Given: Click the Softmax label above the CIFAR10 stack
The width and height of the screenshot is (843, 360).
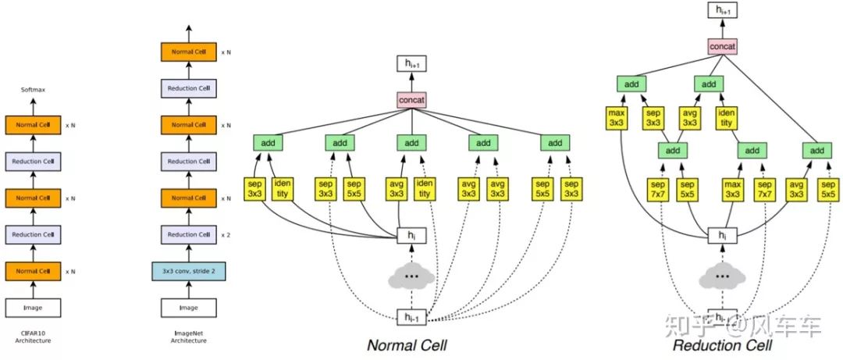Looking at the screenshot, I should click(33, 90).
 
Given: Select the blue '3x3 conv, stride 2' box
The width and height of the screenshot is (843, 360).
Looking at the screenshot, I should click(188, 271).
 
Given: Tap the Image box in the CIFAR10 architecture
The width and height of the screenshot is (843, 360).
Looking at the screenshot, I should click(33, 308).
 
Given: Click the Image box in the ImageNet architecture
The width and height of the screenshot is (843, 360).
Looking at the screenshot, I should click(188, 308).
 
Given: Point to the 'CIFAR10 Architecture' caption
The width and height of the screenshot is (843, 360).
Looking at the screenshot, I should click(33, 337).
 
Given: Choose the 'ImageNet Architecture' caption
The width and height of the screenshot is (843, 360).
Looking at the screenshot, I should click(188, 337).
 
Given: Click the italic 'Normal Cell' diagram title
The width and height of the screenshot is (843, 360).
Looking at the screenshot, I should click(407, 344).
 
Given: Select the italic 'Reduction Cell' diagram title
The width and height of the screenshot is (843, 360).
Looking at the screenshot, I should click(722, 344).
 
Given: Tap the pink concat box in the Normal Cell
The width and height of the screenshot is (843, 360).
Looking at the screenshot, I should click(411, 101).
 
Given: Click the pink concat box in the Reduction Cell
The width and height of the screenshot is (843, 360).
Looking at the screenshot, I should click(722, 47).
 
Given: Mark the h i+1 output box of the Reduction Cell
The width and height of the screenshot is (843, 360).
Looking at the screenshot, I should click(722, 10).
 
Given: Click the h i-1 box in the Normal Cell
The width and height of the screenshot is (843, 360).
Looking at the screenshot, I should click(411, 316).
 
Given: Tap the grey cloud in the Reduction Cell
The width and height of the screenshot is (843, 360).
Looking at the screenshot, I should click(722, 276).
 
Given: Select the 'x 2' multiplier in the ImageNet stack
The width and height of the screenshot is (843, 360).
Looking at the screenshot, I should click(226, 234).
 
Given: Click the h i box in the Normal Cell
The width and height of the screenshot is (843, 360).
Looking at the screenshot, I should click(411, 234).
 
